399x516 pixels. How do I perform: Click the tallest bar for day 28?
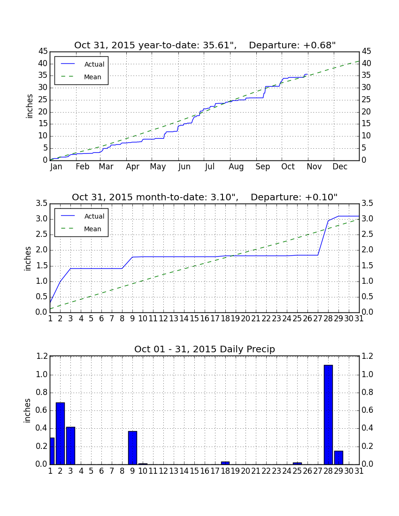coord(328,415)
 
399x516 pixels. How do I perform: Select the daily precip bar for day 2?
coord(60,433)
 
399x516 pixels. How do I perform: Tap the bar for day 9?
coord(132,448)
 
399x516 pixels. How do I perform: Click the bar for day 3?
coord(70,446)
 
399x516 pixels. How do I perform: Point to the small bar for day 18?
coord(225,463)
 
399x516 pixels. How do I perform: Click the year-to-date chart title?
coord(205,45)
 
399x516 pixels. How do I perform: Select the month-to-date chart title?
coord(205,197)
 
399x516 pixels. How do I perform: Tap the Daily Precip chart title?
coord(205,349)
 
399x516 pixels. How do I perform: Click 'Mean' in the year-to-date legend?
coord(92,77)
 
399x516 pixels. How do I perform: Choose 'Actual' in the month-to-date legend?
coord(94,216)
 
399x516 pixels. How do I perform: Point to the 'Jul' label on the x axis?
coord(210,167)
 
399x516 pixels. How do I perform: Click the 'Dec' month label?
coord(340,167)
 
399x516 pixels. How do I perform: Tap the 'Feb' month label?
coord(82,167)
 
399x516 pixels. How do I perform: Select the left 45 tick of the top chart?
coord(43,51)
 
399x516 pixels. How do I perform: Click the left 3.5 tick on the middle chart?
coord(41,204)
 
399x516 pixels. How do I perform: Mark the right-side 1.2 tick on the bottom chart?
coord(368,356)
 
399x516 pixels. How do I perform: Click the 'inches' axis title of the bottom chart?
coord(27,410)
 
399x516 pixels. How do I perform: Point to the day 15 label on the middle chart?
coord(194,319)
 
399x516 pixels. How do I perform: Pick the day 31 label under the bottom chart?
coord(359,471)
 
